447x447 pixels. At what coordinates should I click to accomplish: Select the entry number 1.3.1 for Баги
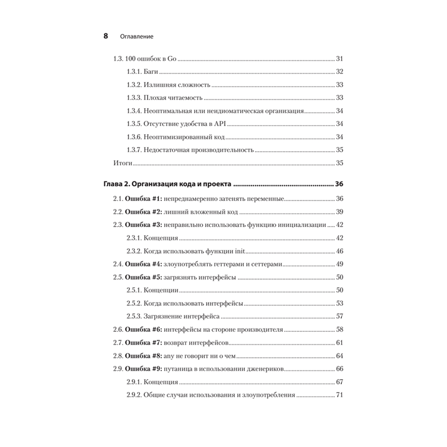[133, 72]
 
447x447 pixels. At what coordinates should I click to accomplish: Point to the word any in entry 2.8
[169, 356]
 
